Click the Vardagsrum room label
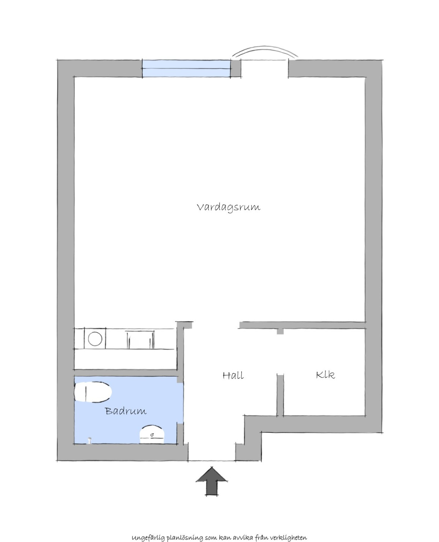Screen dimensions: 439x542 [x=228, y=207]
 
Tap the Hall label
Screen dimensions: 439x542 [x=233, y=375]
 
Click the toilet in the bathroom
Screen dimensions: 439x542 [x=93, y=392]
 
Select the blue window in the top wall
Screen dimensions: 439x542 [x=186, y=68]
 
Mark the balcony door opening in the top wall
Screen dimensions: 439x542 [x=264, y=68]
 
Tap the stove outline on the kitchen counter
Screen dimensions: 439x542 [x=140, y=340]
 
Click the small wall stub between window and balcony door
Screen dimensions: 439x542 [x=236, y=68]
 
